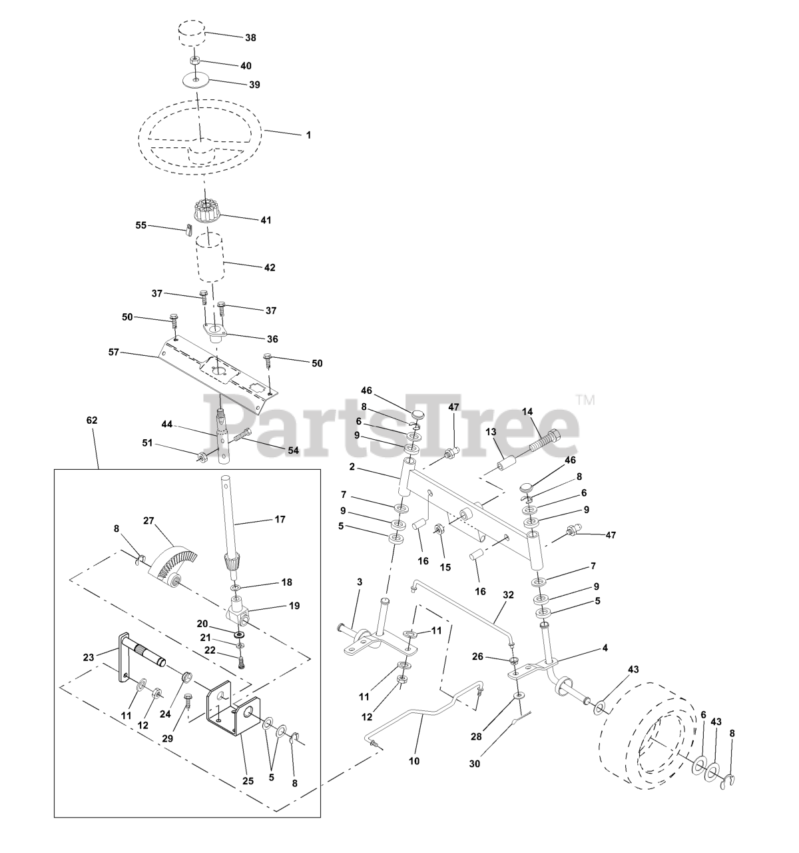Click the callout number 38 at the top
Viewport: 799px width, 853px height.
pyautogui.click(x=250, y=38)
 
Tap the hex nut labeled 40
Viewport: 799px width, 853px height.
pyautogui.click(x=195, y=60)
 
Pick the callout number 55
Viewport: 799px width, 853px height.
pyautogui.click(x=140, y=225)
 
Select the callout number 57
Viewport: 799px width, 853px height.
pyautogui.click(x=113, y=353)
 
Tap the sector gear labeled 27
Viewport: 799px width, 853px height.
pyautogui.click(x=172, y=562)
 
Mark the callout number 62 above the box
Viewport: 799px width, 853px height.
pyautogui.click(x=92, y=420)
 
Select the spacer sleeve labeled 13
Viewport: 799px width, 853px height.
pyautogui.click(x=505, y=466)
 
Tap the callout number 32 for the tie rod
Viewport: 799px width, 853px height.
pyautogui.click(x=508, y=595)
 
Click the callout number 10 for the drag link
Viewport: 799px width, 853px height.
pyautogui.click(x=414, y=761)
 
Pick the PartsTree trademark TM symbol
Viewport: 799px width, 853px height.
pyautogui.click(x=586, y=400)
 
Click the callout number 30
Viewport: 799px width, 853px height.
pyautogui.click(x=475, y=764)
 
